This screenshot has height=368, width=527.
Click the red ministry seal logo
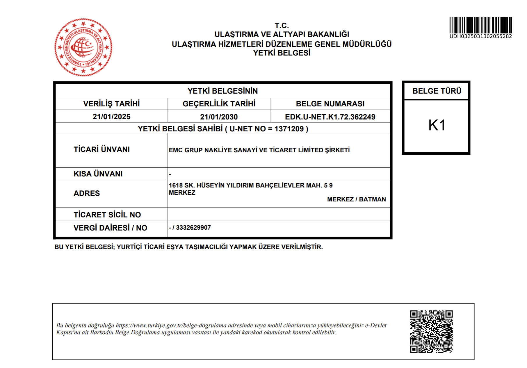83,47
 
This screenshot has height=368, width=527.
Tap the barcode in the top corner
480,25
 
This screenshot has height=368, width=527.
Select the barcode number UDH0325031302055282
480,36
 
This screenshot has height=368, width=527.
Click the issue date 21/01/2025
111,117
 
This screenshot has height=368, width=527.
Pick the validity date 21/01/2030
219,117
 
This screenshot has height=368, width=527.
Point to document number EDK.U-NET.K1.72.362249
330,117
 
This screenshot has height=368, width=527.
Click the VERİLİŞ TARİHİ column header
111,104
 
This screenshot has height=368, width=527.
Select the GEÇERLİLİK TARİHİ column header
219,104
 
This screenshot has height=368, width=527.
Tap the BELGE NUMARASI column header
330,104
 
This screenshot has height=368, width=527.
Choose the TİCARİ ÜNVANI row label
102,149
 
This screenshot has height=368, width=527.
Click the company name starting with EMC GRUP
259,150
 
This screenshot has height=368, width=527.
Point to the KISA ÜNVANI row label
98,174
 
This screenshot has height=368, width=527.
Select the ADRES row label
87,193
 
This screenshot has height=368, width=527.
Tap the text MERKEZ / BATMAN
356,199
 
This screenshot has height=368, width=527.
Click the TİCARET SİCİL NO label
107,215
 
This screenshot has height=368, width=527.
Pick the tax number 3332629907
193,228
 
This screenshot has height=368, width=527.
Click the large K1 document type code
437,125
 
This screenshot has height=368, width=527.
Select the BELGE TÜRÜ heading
437,91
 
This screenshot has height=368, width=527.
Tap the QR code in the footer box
431,331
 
